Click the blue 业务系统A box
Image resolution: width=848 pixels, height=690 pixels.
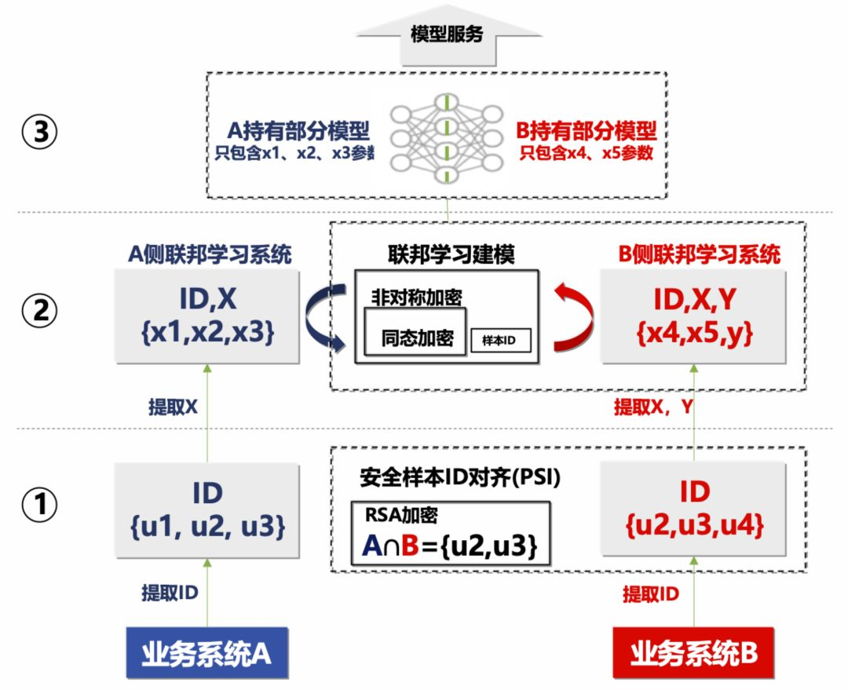(207, 653)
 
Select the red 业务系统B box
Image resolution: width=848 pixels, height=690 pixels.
(693, 653)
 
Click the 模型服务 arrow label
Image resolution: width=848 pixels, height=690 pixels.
(447, 36)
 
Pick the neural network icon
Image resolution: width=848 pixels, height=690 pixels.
(447, 136)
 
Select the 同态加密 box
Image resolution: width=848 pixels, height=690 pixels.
(417, 339)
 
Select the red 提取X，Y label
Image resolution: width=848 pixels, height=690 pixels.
(653, 407)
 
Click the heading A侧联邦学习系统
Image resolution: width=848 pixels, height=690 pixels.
(210, 254)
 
